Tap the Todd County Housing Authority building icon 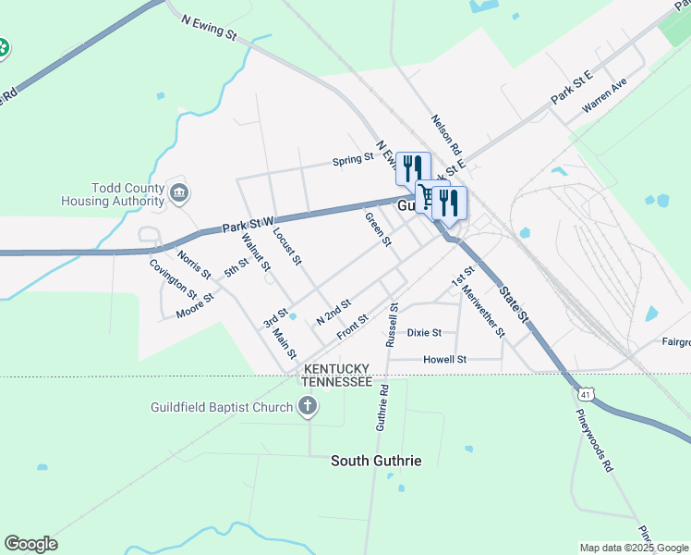click(x=180, y=193)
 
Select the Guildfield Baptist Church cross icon click(x=308, y=406)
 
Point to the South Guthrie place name click(x=376, y=460)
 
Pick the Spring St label click(x=353, y=160)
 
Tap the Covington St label click(x=174, y=277)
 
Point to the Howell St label click(x=444, y=359)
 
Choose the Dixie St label click(x=424, y=332)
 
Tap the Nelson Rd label click(x=445, y=133)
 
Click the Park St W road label click(x=249, y=224)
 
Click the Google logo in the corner click(x=30, y=544)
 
